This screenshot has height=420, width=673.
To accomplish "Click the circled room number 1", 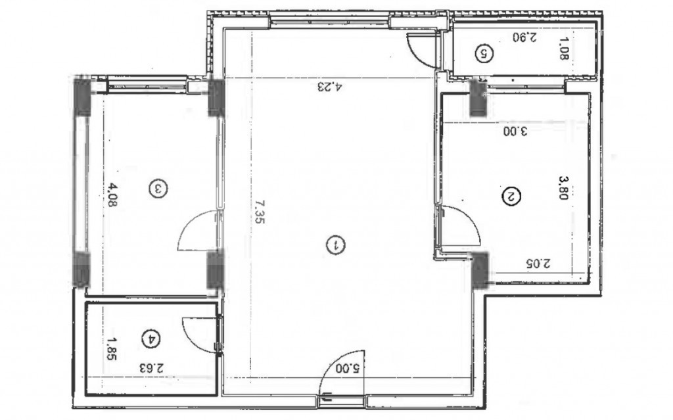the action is pyautogui.click(x=336, y=245).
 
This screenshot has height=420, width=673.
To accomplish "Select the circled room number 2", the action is pyautogui.click(x=511, y=197).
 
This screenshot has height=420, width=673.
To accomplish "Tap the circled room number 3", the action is pyautogui.click(x=158, y=189).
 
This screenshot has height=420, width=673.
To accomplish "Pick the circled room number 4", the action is pyautogui.click(x=151, y=339).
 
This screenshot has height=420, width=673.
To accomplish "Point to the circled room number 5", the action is pyautogui.click(x=484, y=53).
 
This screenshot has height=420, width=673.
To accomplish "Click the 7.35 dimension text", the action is pyautogui.click(x=260, y=211).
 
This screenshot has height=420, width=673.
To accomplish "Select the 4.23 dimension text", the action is pyautogui.click(x=330, y=87).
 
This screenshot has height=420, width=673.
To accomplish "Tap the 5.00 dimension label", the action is pyautogui.click(x=348, y=368).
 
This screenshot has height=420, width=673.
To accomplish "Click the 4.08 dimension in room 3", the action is pyautogui.click(x=112, y=195).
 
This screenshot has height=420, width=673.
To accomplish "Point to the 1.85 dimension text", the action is pyautogui.click(x=112, y=349).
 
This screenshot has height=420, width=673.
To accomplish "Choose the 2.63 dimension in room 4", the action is pyautogui.click(x=152, y=368).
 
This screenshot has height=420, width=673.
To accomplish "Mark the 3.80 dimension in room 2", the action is pyautogui.click(x=563, y=188).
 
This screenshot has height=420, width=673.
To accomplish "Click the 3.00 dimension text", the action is pyautogui.click(x=515, y=131).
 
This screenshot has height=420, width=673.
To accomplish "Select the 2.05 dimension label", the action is pyautogui.click(x=538, y=264).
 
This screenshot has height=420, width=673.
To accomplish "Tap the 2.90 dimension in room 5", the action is pyautogui.click(x=524, y=37).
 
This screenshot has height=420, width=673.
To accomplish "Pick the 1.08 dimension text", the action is pyautogui.click(x=564, y=49).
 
